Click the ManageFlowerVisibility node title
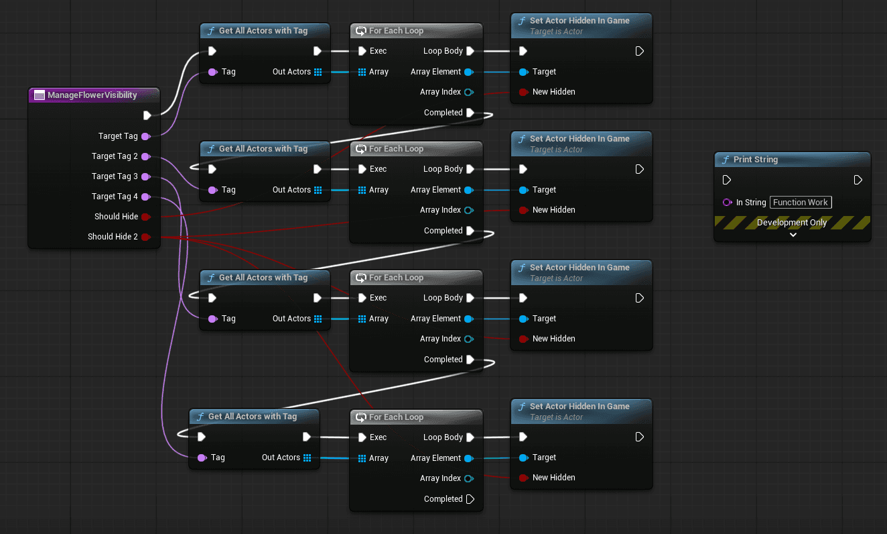[x=92, y=95]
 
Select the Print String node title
[x=756, y=160]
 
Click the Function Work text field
[x=800, y=203]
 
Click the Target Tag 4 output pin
[x=145, y=197]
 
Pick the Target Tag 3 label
[x=115, y=176]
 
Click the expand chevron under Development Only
[x=793, y=235]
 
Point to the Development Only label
[x=792, y=223]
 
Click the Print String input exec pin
[x=727, y=180]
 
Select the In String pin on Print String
[x=727, y=203]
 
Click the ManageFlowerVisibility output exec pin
[x=147, y=115]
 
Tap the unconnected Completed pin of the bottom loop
[x=470, y=499]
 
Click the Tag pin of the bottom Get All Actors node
[x=202, y=458]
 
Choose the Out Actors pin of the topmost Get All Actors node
[x=318, y=72]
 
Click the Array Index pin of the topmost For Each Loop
[x=468, y=92]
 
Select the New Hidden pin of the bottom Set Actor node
[x=523, y=478]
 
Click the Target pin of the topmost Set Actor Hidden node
[x=523, y=72]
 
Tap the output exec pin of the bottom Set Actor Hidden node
[x=639, y=437]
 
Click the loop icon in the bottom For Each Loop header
[x=361, y=417]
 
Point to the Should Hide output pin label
[x=116, y=217]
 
